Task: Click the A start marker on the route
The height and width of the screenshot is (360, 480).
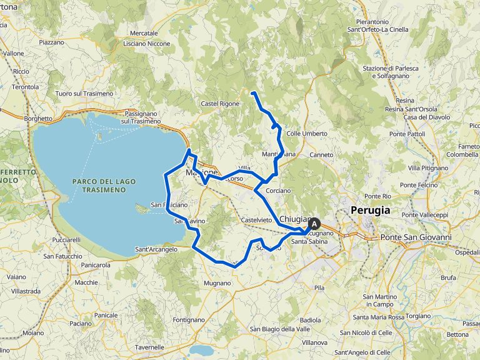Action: (x=314, y=223)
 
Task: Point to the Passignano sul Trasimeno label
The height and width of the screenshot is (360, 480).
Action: (x=141, y=117)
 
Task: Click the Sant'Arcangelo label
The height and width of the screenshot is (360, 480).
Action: (x=156, y=249)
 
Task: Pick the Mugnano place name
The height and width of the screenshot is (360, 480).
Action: (x=217, y=283)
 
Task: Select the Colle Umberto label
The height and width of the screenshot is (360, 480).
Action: (x=306, y=134)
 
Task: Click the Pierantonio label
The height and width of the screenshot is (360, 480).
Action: (x=371, y=21)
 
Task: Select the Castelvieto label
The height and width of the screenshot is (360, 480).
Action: (x=256, y=221)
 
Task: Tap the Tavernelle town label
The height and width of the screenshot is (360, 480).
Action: (x=149, y=347)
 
